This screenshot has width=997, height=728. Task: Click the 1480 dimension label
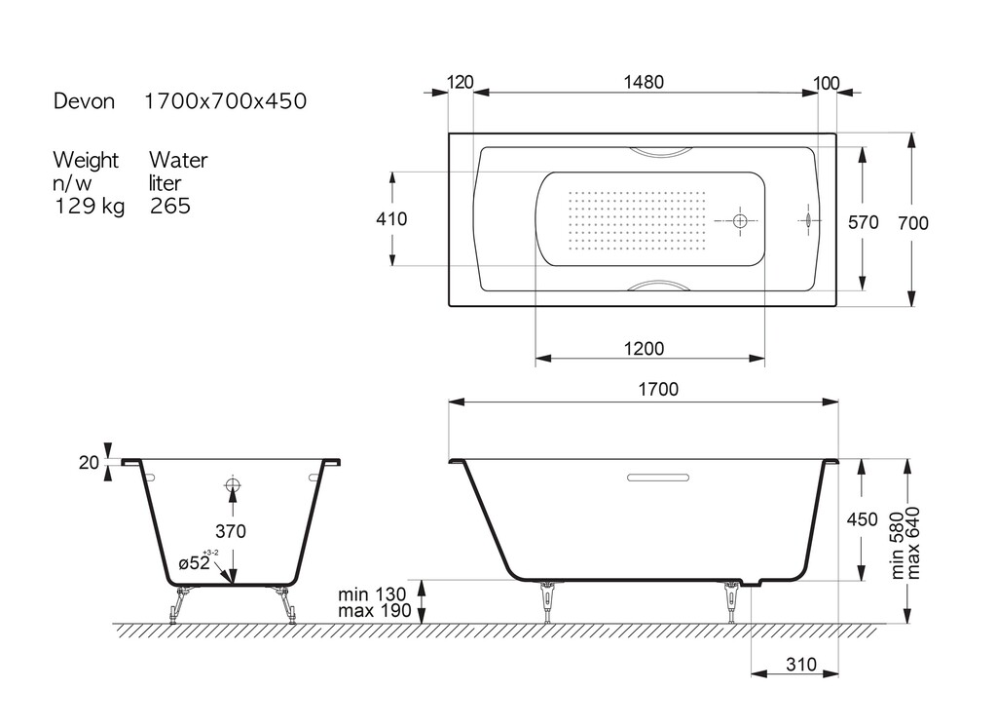point(644,82)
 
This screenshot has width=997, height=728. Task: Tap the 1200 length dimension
point(644,349)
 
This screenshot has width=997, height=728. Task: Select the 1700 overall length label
point(658,389)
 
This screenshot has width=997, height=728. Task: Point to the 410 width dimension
point(391,219)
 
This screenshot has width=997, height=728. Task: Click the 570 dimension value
point(863,222)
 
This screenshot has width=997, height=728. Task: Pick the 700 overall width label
point(913,223)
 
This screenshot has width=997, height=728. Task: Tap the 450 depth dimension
point(862,519)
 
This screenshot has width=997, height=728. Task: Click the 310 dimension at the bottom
point(800,665)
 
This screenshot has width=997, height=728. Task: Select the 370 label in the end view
point(230,531)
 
